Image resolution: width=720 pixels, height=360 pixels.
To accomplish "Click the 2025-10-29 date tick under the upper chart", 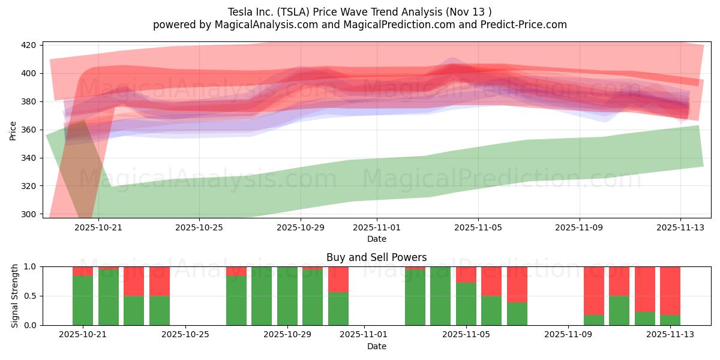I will (301, 228).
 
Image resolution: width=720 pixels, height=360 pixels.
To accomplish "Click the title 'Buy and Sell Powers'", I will (376, 257).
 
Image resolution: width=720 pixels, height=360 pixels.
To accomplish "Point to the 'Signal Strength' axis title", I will (15, 296).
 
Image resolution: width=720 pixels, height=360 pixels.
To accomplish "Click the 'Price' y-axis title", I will (13, 130).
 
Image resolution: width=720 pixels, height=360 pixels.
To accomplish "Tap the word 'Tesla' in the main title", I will (241, 12).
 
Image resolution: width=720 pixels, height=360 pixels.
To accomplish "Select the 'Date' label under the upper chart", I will (376, 239).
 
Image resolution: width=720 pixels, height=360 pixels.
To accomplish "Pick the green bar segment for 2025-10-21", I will (83, 300).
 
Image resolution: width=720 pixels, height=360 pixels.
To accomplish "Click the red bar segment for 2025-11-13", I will (670, 290).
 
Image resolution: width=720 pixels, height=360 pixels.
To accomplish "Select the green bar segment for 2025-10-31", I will (338, 308).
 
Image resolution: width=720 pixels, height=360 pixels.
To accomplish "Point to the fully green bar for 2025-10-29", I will (287, 296).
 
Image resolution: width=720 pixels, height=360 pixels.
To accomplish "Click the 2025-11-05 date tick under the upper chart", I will (478, 228).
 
